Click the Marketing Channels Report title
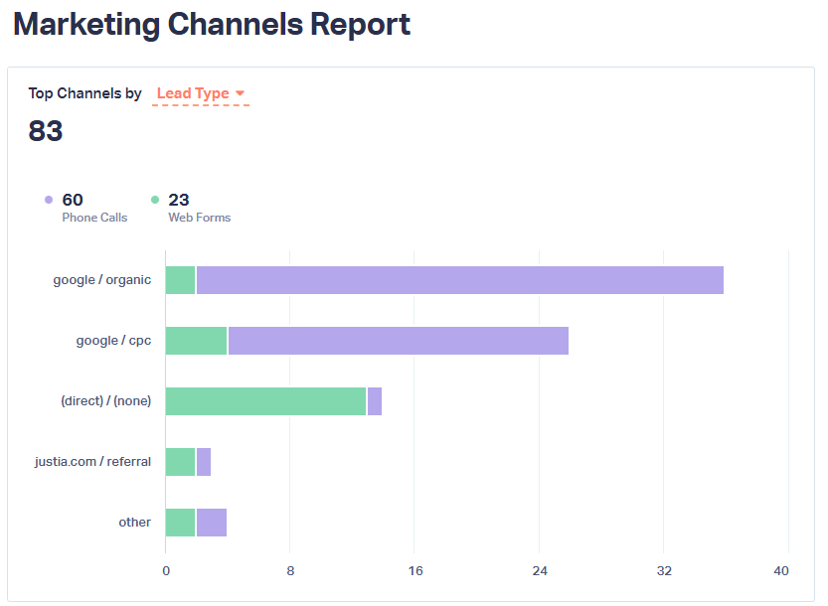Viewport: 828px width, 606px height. [x=212, y=25]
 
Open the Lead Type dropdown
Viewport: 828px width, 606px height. [x=201, y=93]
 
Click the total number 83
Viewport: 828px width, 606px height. [x=46, y=131]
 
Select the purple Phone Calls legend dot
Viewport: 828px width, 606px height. [x=49, y=200]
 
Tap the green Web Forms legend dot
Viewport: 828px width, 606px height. [x=155, y=200]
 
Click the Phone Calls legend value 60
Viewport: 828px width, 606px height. [x=73, y=200]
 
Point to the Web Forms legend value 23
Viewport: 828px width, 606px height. [x=179, y=200]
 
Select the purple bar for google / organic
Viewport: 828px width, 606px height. [x=459, y=280]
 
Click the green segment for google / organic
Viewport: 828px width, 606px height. [x=180, y=280]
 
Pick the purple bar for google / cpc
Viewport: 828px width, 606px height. [x=398, y=341]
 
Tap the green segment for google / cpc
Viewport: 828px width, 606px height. [x=196, y=341]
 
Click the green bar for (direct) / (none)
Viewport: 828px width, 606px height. [x=265, y=401]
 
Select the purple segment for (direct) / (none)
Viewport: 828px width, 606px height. [x=375, y=401]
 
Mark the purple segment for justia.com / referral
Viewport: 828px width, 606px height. [x=204, y=462]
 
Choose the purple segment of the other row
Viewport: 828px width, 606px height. [x=212, y=523]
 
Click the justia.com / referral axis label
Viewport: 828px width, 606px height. [x=92, y=462]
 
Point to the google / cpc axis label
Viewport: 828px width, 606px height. [x=113, y=341]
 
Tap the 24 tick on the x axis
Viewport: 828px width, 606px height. [x=540, y=571]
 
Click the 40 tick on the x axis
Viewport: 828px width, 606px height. [x=781, y=571]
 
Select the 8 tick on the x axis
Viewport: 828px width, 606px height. [x=290, y=571]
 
